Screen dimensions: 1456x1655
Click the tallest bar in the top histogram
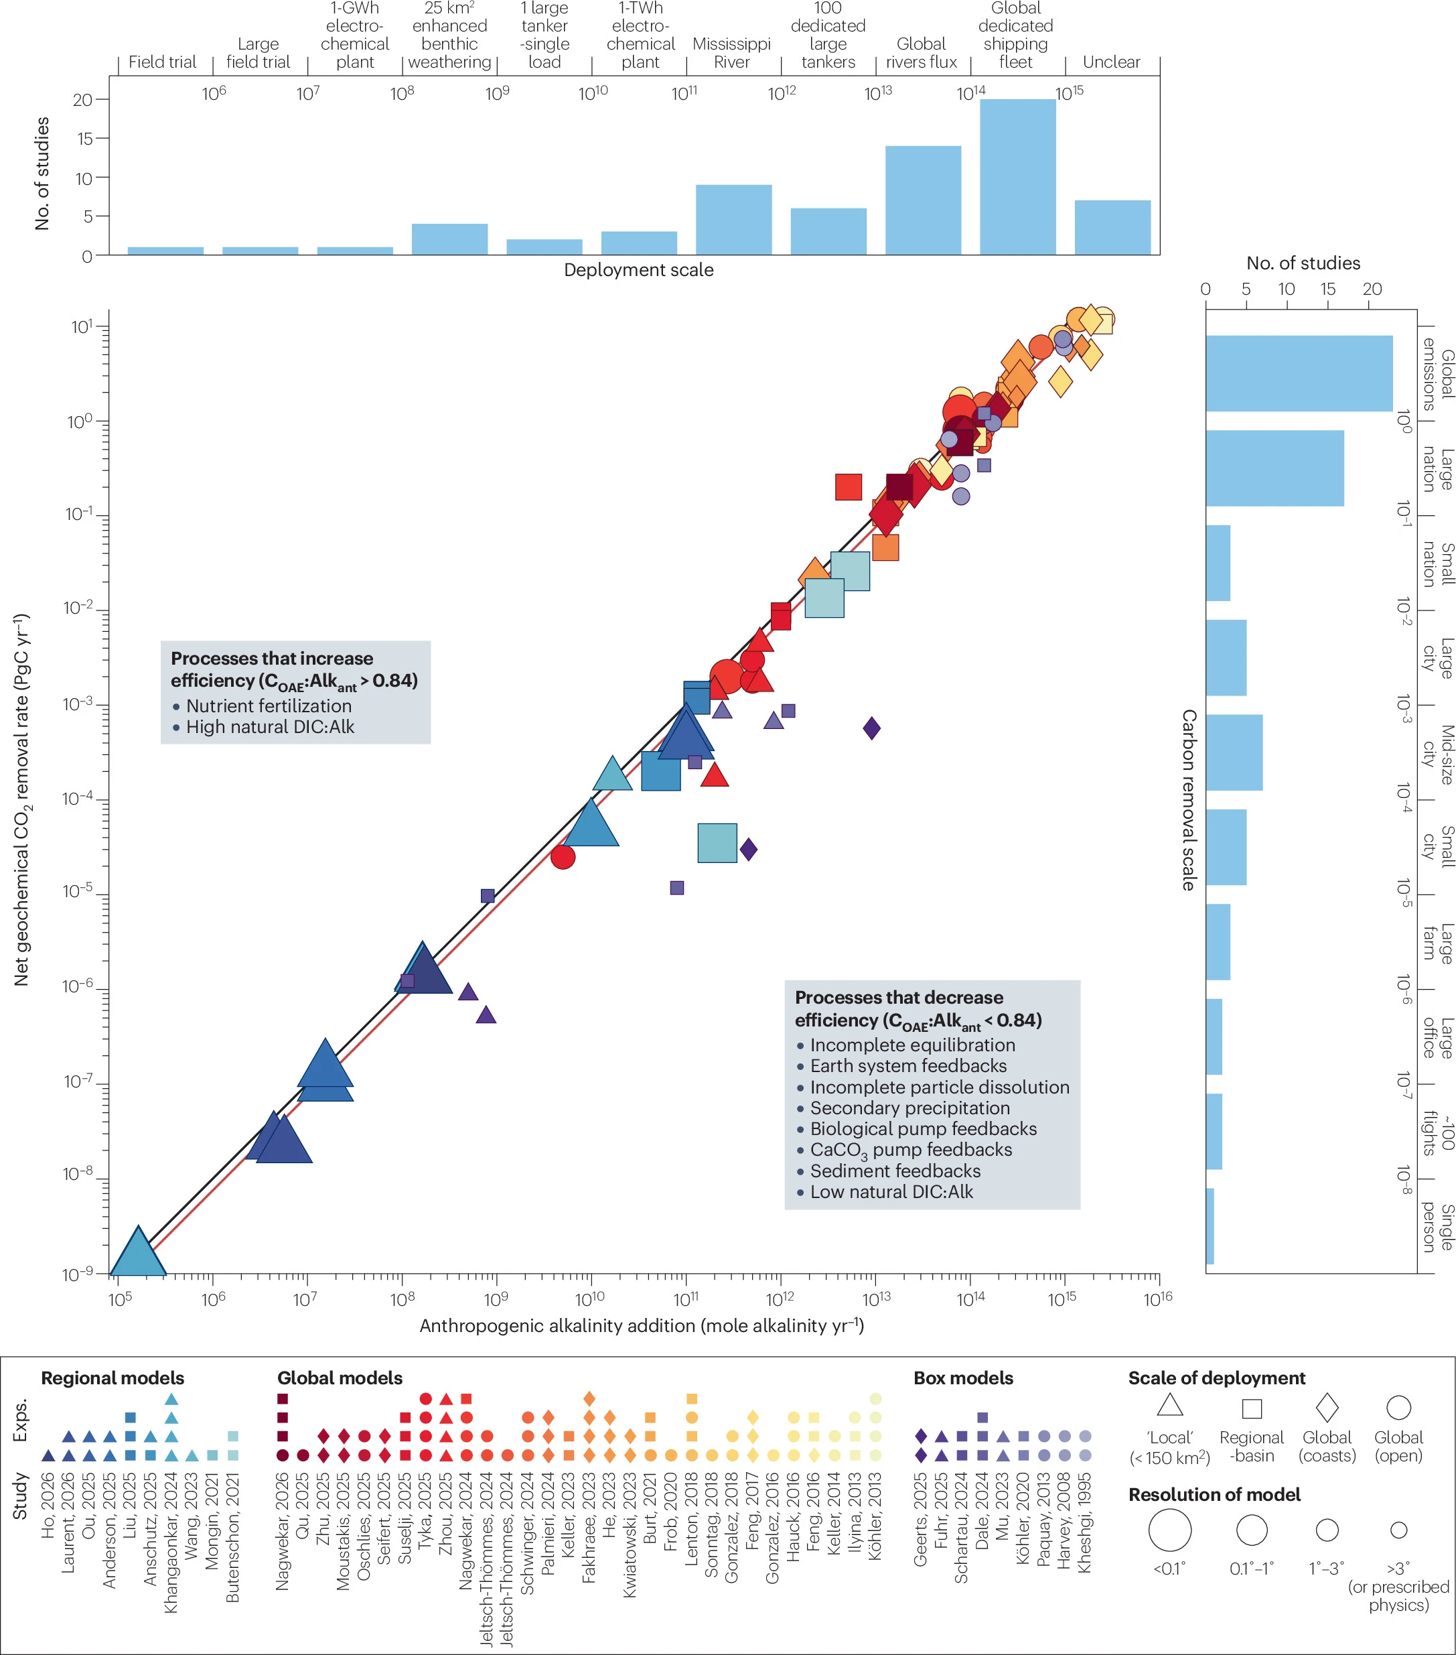coord(1017,178)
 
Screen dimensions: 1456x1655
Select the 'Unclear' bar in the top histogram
coord(1112,228)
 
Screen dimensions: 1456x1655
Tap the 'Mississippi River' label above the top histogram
coord(731,53)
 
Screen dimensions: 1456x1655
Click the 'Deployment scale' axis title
coord(638,269)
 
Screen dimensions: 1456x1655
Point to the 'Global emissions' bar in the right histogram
coord(1299,373)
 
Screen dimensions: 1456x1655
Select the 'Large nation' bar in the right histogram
coord(1275,468)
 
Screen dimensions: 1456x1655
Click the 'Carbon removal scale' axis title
coord(1188,800)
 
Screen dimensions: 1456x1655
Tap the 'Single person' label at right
coord(1439,1228)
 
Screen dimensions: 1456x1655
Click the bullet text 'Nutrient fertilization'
coord(269,706)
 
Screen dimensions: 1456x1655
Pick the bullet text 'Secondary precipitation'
coord(909,1108)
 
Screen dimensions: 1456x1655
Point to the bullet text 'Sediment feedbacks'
coord(895,1171)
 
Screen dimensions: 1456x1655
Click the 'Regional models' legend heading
coord(113,1378)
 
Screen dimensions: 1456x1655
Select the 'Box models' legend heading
coord(963,1378)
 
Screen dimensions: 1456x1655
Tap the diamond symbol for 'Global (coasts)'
coord(1327,1407)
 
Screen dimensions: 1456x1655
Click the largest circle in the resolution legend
coord(1169,1530)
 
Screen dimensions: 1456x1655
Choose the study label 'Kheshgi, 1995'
coord(1084,1522)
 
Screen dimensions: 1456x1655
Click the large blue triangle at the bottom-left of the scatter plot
coord(139,1252)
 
